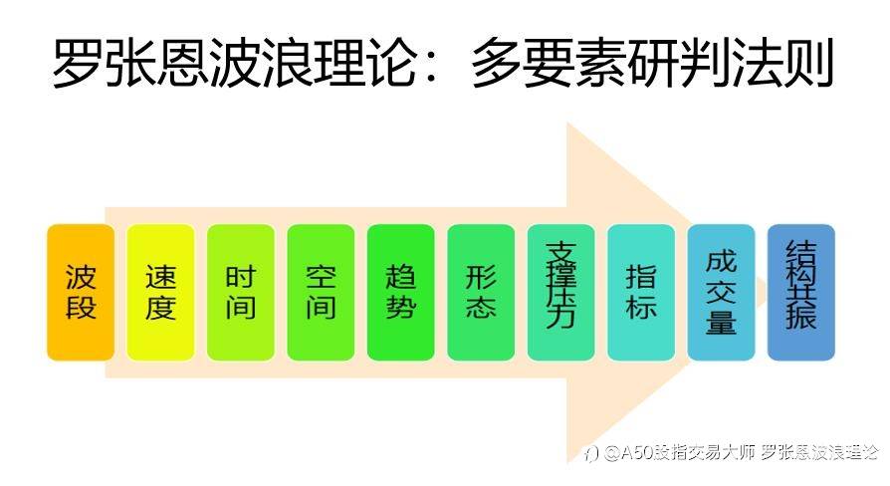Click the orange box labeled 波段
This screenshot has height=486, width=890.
(x=81, y=293)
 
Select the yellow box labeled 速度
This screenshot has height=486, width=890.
(x=160, y=293)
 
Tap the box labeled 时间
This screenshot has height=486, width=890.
(x=241, y=293)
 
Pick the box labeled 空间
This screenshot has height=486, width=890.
(x=321, y=293)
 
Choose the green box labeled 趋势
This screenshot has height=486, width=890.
(x=401, y=293)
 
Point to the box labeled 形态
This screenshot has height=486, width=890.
(x=481, y=293)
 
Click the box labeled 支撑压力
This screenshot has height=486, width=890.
(x=560, y=293)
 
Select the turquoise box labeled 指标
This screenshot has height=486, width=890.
(x=641, y=293)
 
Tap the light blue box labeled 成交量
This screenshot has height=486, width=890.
(x=721, y=293)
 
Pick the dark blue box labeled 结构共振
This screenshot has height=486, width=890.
(x=800, y=293)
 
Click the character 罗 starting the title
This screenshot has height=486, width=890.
(x=78, y=63)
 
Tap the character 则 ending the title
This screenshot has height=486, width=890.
(x=807, y=63)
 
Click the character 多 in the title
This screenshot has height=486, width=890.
(x=496, y=63)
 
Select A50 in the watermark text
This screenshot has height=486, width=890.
(x=636, y=452)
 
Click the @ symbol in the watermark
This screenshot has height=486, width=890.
(x=611, y=453)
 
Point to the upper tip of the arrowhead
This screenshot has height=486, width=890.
(x=567, y=122)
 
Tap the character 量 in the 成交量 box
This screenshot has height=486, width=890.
(x=721, y=321)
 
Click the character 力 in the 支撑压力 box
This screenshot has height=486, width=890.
(x=560, y=316)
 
